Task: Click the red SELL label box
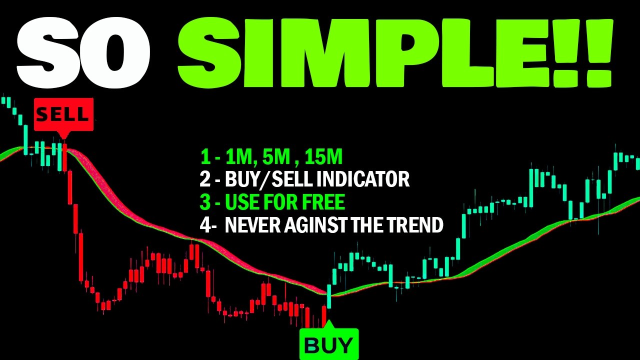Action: [x=63, y=115]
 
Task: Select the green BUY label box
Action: [x=329, y=344]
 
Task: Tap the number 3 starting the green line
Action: [x=205, y=202]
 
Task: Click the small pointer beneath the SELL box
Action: [x=63, y=135]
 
